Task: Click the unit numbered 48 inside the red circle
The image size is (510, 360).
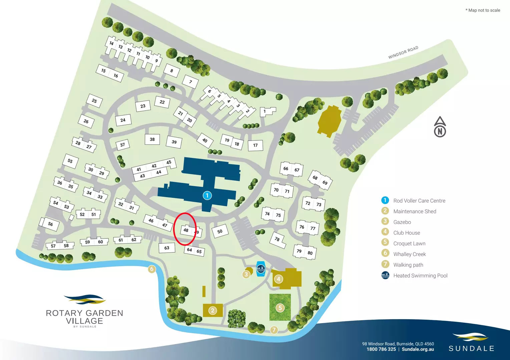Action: point(186,230)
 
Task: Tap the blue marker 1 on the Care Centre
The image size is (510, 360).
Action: point(207,195)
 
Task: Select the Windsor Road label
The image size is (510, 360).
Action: point(403,52)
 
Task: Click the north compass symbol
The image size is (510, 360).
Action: point(440,127)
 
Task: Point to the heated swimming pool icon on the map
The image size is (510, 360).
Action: point(261,268)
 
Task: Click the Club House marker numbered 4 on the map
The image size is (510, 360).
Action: point(279,279)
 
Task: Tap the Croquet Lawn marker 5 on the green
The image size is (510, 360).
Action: point(280,308)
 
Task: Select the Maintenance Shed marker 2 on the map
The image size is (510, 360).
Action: point(213,311)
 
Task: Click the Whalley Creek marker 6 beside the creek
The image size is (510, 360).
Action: point(152,269)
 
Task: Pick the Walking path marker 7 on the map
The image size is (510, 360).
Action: point(274,330)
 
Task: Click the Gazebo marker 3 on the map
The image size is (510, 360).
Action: point(246,274)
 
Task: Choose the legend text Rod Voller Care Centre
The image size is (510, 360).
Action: point(419,201)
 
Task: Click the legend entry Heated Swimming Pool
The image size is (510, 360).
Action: point(420,276)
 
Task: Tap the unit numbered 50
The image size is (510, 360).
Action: point(220,231)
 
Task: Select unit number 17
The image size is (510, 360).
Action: point(256,145)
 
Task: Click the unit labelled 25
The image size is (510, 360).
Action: point(94,101)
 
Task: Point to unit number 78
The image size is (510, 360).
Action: point(277,239)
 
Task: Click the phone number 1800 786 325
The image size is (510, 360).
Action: point(381,349)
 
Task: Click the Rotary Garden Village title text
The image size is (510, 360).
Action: point(84,317)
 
